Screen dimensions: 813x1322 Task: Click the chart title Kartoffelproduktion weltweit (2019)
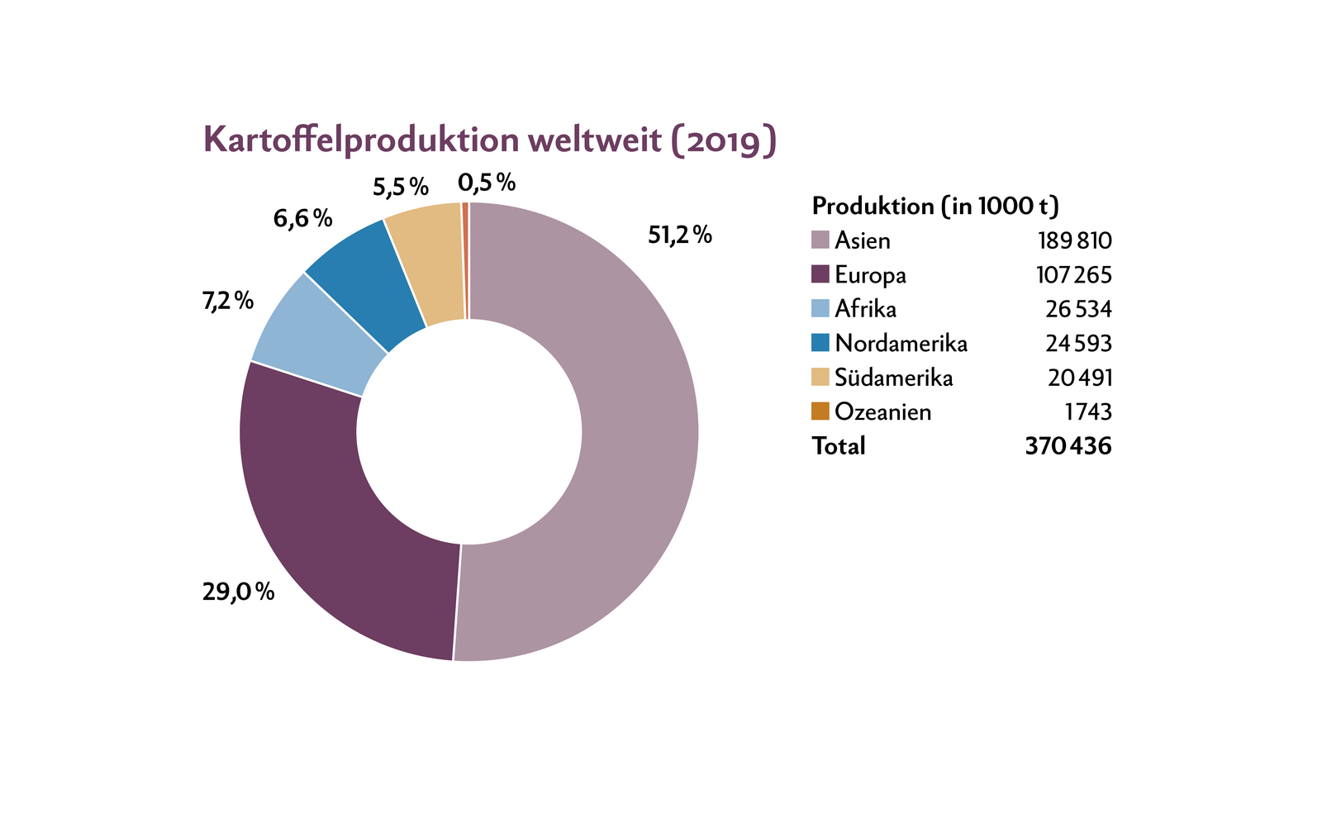(489, 140)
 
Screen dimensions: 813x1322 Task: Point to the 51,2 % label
(679, 235)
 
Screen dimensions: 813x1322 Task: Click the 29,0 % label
(238, 592)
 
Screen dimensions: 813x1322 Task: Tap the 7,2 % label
(227, 301)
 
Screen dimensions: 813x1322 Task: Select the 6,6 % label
(302, 219)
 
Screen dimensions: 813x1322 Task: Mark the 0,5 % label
(487, 182)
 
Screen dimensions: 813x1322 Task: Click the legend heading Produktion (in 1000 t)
(935, 206)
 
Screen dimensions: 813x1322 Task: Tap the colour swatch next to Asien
(820, 240)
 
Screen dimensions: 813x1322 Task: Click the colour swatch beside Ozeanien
(820, 411)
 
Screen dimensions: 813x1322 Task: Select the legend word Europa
(870, 274)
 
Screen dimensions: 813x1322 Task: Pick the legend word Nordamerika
(901, 343)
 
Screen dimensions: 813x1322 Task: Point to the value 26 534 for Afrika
(1078, 309)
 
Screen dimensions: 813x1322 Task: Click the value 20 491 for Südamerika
(1080, 378)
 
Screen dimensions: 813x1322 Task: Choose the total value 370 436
(1068, 446)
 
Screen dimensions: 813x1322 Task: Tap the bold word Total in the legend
(839, 446)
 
